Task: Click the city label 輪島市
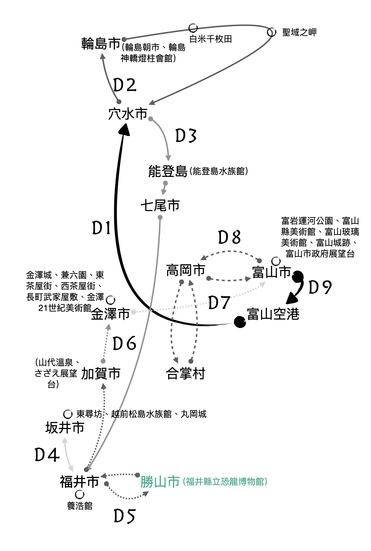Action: click(101, 44)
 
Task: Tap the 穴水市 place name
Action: click(128, 114)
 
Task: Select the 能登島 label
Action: click(168, 171)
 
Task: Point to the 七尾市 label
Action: click(160, 206)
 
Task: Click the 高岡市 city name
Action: click(186, 270)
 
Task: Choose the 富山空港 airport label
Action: click(273, 314)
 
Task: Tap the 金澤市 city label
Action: click(110, 314)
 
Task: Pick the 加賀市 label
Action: click(101, 374)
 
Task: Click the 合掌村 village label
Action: click(186, 374)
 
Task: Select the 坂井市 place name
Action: click(65, 428)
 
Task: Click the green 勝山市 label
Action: click(160, 482)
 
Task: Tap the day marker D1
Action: click(101, 228)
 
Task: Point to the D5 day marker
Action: click(125, 516)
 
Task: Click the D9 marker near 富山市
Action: click(320, 287)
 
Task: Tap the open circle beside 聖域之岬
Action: click(272, 32)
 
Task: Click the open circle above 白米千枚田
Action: click(193, 28)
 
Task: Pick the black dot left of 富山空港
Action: click(240, 322)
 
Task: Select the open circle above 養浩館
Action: click(80, 494)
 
